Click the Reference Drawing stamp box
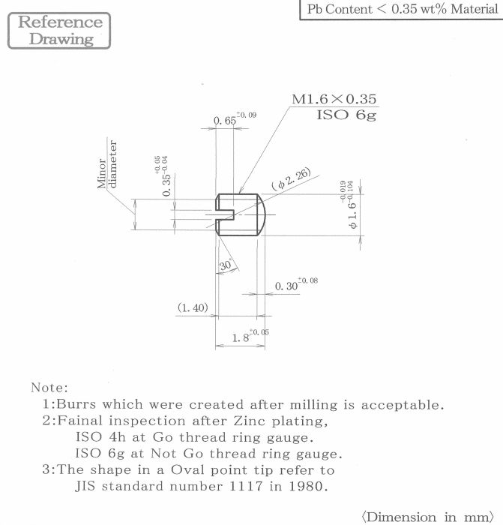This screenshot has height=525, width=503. (x=59, y=31)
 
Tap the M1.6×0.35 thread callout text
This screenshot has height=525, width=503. (x=334, y=99)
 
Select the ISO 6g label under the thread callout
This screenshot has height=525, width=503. (x=346, y=115)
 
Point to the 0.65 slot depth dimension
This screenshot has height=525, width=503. (x=235, y=118)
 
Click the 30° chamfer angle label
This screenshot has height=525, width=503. (x=226, y=265)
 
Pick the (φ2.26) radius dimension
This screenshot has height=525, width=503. (x=291, y=179)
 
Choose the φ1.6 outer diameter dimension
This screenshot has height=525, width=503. (x=348, y=205)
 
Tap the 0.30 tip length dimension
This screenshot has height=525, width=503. (x=296, y=284)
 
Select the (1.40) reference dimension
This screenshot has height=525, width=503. (x=193, y=307)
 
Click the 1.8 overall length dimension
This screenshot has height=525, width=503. (x=250, y=336)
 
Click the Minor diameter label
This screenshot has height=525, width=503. (x=107, y=164)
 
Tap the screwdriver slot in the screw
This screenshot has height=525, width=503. (x=225, y=214)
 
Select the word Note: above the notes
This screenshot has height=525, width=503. (x=49, y=388)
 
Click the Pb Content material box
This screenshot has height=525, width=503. (x=401, y=9)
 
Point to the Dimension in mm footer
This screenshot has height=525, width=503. (x=428, y=517)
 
